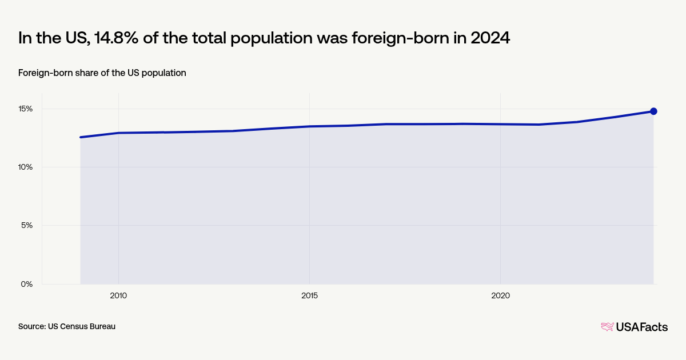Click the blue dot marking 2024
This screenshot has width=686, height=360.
[x=653, y=111]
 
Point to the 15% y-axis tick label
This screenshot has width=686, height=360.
[x=26, y=109]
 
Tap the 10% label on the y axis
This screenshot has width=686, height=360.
[x=26, y=167]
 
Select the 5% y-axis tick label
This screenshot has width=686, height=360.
[x=27, y=225]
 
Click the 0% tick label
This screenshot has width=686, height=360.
[x=27, y=284]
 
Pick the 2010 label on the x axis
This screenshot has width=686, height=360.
[x=118, y=295]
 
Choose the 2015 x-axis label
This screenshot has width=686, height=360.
[x=309, y=295]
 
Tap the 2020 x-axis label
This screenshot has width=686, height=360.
[x=500, y=295]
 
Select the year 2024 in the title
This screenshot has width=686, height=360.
[x=490, y=38]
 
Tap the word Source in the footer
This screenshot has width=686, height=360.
[x=31, y=326]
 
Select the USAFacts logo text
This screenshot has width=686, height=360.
[x=641, y=327]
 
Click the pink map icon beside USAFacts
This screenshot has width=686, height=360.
[x=607, y=327]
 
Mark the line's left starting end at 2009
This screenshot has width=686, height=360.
[x=81, y=137]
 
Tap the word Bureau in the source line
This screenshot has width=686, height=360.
[x=102, y=326]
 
